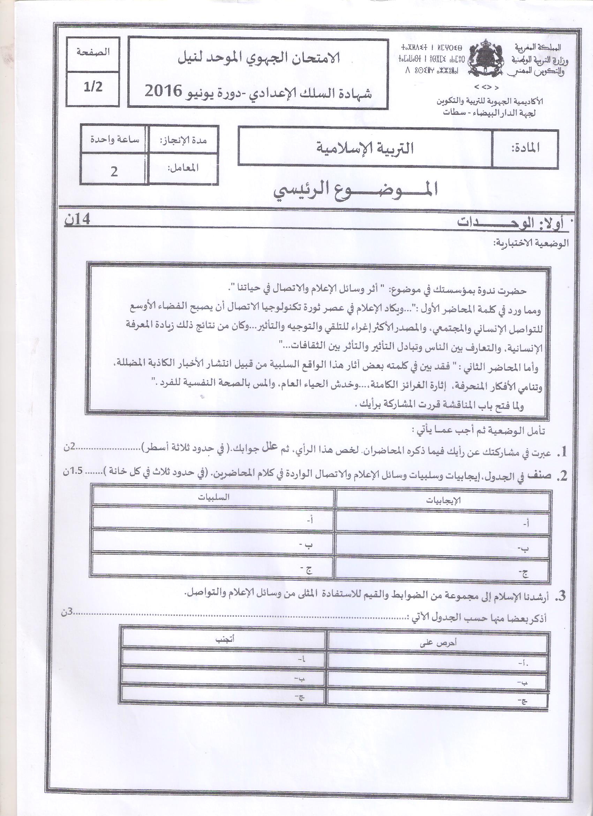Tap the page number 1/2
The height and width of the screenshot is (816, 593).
(93, 87)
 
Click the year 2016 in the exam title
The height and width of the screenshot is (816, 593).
(162, 92)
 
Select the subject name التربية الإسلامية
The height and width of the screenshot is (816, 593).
(365, 148)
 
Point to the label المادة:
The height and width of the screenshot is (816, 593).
(525, 148)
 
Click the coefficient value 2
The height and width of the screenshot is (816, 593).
(114, 172)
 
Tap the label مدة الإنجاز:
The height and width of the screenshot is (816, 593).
(183, 140)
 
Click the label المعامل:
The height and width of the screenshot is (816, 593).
(183, 168)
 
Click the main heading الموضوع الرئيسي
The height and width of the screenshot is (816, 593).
(355, 190)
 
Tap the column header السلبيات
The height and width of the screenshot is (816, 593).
(213, 497)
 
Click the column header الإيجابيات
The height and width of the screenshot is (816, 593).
(443, 500)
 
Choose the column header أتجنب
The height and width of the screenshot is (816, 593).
(225, 639)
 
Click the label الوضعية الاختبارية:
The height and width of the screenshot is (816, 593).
(530, 243)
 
